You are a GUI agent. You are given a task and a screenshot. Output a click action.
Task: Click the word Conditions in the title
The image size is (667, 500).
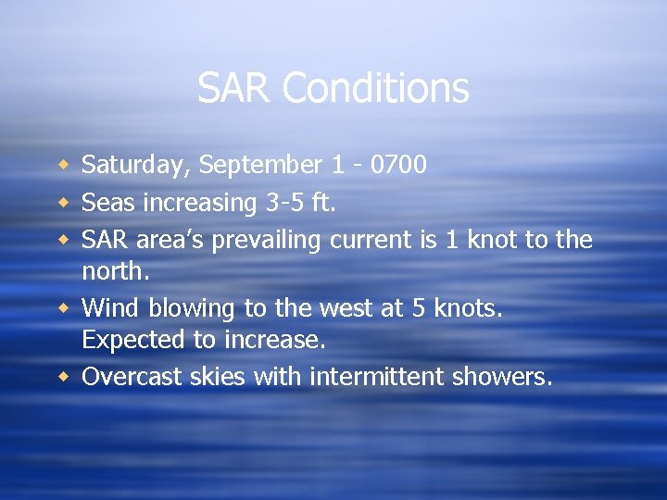[x=375, y=89]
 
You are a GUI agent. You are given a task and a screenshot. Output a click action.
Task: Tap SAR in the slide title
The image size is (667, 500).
[x=235, y=89]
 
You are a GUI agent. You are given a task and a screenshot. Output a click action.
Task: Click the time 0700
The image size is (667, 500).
[x=397, y=165]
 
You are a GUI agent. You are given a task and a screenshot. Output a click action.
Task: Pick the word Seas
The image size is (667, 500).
[x=107, y=202]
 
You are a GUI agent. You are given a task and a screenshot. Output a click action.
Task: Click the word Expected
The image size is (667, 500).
[x=133, y=341]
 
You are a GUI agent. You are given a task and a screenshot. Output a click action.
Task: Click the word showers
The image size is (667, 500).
[x=501, y=376]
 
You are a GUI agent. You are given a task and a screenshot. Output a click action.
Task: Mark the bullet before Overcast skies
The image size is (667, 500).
[x=64, y=376]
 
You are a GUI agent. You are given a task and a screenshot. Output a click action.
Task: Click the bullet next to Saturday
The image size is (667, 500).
[x=64, y=166]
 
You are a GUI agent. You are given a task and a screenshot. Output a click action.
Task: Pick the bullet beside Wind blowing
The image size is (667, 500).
[x=64, y=307]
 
